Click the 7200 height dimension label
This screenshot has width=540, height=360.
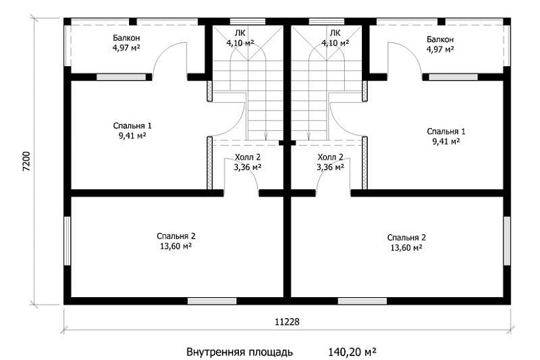[27, 161]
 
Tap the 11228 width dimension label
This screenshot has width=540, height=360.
[287, 322]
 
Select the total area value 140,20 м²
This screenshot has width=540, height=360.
[352, 352]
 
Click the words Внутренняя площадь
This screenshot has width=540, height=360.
[240, 352]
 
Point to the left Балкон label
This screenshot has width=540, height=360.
[126, 38]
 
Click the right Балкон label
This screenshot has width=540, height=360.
[440, 40]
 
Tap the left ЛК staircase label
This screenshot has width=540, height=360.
[240, 33]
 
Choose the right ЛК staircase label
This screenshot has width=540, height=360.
[335, 33]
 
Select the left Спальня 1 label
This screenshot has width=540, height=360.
[132, 126]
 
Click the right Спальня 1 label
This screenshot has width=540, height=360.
[446, 132]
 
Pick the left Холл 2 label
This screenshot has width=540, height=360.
[248, 158]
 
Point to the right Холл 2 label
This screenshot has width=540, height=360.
[331, 158]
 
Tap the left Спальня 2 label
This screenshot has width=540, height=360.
[176, 236]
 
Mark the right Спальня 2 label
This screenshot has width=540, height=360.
[406, 238]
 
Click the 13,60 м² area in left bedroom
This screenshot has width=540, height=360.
[176, 247]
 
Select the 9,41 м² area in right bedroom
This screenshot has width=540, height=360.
[446, 141]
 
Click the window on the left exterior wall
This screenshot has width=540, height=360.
[67, 241]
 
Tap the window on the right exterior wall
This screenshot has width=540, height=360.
[507, 241]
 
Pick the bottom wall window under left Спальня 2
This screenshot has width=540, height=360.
[212, 301]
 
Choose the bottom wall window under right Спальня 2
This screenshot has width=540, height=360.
[363, 301]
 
